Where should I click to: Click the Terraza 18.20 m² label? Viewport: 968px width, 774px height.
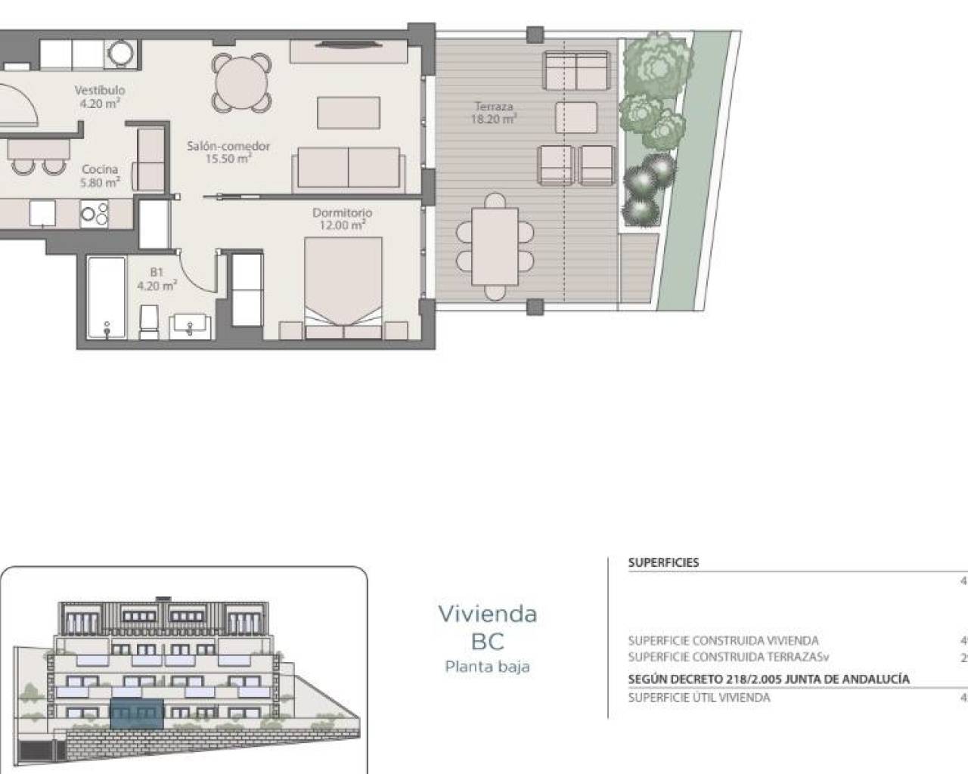click(493, 113)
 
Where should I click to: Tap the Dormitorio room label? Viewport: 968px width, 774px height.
click(342, 218)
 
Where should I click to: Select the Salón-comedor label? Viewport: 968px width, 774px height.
click(228, 152)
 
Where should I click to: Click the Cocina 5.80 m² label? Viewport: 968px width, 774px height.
click(100, 175)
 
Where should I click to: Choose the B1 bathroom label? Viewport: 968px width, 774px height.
click(157, 279)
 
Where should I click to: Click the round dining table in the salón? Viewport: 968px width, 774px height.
click(241, 80)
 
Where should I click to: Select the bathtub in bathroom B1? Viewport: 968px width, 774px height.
click(106, 298)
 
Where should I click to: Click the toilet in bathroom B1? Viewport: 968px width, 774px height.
click(149, 321)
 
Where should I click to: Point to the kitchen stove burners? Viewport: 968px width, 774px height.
click(95, 214)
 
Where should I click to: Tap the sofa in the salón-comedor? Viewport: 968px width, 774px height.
click(348, 167)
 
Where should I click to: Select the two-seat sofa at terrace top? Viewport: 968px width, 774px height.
click(576, 71)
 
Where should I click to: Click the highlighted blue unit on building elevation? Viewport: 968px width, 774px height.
click(136, 714)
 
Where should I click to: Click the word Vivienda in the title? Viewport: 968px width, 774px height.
click(488, 614)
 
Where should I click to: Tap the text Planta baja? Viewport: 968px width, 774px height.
click(487, 667)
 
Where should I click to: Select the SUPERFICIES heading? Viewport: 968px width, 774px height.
click(663, 562)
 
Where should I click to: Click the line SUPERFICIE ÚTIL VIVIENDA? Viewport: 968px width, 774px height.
click(699, 698)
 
